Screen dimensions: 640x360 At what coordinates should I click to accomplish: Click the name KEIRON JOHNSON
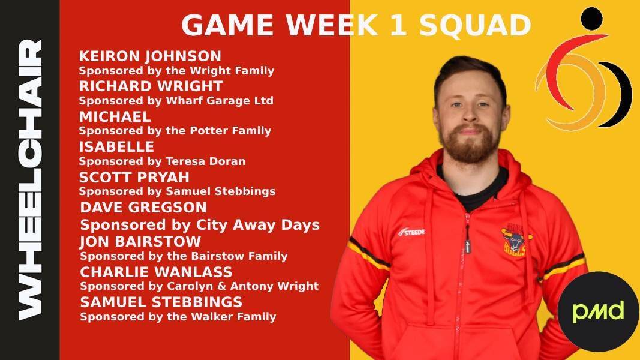pos(150,56)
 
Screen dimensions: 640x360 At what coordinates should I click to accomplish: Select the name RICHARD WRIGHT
pos(151,86)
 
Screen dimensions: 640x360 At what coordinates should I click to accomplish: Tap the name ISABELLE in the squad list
pos(116,147)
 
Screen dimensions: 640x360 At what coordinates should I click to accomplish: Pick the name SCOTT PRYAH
pos(134,177)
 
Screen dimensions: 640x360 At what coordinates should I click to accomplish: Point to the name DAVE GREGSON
pos(143,208)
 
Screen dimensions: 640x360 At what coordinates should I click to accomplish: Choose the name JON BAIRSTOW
pos(140,242)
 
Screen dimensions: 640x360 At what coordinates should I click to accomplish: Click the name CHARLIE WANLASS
pos(156,272)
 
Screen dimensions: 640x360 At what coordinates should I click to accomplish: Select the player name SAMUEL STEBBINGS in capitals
pos(161,302)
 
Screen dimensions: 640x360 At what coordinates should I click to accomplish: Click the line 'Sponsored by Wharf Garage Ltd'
pos(176,101)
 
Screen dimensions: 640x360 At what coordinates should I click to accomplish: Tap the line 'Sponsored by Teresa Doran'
pos(162,161)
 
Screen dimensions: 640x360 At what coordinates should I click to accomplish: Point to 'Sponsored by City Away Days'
pos(200,226)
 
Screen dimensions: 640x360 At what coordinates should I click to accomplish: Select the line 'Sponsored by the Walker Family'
pos(178,317)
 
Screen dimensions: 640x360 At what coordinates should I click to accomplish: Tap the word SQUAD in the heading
pos(475,25)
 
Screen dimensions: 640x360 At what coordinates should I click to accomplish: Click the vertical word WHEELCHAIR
pos(30,179)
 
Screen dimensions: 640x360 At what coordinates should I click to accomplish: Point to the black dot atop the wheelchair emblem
pos(592,19)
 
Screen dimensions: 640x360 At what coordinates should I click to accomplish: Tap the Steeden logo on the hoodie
pos(411,232)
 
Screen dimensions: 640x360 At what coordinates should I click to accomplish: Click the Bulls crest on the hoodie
pos(515,240)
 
